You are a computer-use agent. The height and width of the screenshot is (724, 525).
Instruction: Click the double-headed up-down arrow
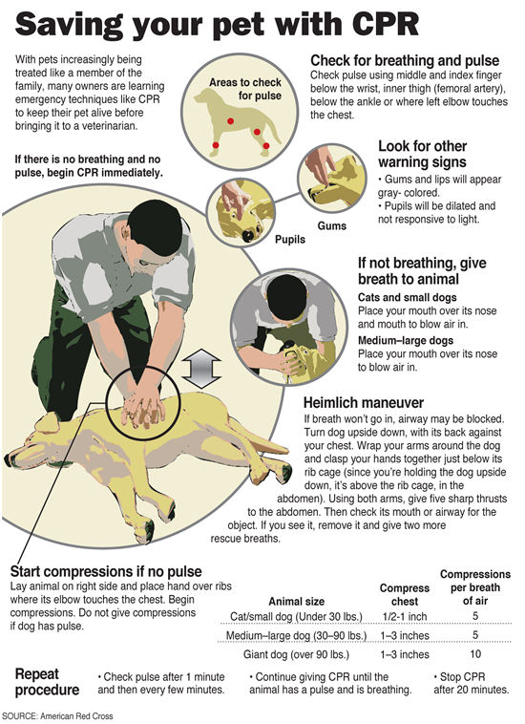(203, 368)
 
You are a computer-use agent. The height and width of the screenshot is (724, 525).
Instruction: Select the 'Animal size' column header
(299, 601)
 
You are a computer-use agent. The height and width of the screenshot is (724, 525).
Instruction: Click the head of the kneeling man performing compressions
(156, 225)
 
